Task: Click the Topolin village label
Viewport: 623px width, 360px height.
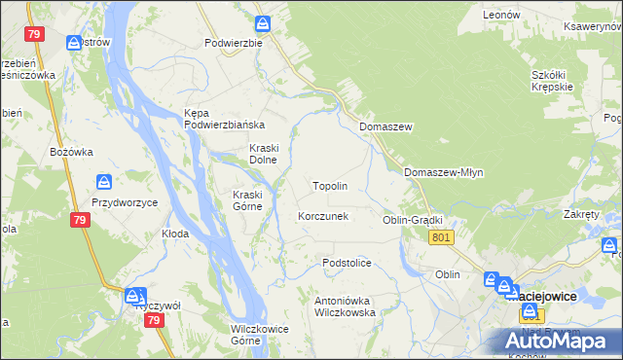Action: (329, 185)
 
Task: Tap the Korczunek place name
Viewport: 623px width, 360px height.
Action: (322, 216)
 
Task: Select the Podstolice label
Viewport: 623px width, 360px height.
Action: (348, 263)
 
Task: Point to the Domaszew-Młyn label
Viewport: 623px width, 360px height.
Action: (443, 172)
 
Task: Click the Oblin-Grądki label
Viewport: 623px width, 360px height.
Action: (413, 221)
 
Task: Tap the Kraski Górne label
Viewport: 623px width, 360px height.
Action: (246, 200)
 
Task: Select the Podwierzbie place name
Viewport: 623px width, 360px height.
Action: (233, 43)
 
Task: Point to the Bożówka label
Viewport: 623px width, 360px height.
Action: (71, 152)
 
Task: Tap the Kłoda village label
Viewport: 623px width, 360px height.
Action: (175, 234)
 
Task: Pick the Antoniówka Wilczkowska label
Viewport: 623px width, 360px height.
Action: (345, 306)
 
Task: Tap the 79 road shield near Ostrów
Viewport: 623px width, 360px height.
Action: (36, 34)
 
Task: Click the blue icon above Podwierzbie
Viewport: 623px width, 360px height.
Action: (263, 23)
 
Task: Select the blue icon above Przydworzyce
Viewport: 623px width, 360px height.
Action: (105, 182)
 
